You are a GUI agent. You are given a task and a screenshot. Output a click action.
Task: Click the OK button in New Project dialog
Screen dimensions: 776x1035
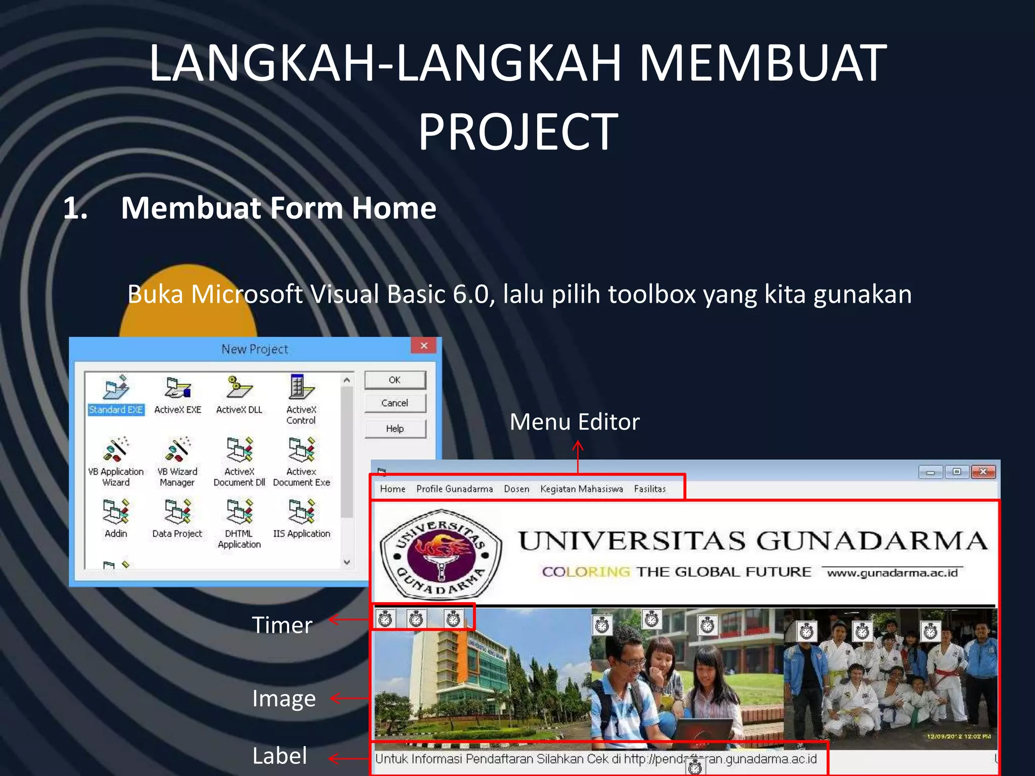point(395,380)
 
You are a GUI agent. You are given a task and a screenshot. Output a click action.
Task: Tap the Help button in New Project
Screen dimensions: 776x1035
point(395,429)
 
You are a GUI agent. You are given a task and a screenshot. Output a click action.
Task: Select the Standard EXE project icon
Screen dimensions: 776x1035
point(116,389)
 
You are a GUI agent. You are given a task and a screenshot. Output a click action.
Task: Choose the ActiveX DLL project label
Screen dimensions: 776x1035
point(239,410)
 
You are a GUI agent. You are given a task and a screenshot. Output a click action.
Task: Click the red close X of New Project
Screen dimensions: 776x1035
point(424,346)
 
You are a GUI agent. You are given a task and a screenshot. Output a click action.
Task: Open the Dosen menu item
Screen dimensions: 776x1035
point(516,489)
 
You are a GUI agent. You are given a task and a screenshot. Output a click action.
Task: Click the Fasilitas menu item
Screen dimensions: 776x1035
point(650,489)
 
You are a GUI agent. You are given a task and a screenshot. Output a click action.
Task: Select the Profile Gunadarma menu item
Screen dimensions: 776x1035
point(454,489)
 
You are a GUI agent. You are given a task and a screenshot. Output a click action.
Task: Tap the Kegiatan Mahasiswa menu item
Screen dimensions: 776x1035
point(581,489)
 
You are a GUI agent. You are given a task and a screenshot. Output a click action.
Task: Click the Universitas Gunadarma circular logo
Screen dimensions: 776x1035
point(441,553)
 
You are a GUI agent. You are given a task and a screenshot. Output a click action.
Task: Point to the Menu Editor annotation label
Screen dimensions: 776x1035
point(575,422)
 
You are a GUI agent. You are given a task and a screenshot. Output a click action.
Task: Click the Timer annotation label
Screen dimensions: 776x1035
point(282,625)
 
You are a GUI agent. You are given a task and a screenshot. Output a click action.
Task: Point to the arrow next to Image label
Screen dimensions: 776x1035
point(349,699)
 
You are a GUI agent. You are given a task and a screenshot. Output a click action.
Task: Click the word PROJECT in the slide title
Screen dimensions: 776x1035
point(518,132)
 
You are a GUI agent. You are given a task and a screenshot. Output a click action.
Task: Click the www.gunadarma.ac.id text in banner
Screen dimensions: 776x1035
point(892,573)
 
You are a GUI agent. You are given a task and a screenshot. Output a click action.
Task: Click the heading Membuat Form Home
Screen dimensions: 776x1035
point(278,208)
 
